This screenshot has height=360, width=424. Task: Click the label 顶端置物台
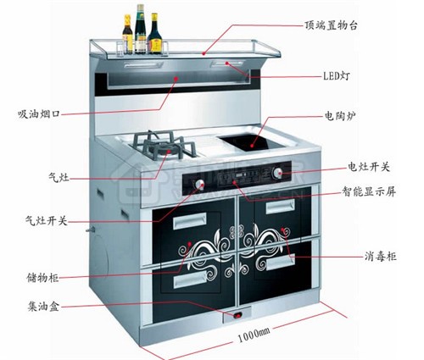331,25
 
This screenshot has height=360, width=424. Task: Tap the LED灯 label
337,76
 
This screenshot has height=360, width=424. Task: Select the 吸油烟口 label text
39,114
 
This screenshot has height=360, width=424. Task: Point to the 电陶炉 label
340,116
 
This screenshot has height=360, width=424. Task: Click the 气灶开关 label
47,220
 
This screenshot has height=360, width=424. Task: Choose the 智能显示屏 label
369,191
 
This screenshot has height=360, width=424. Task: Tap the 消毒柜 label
380,257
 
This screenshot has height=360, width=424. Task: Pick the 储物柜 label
42,277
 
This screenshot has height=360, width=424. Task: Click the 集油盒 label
43,306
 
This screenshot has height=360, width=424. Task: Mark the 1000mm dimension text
254,335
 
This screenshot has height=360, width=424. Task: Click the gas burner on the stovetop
164,147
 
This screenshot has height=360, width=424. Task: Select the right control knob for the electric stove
277,173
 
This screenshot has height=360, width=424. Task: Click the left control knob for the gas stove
199,185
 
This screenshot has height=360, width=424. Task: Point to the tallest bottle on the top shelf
140,29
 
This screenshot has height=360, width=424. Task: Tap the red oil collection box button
237,315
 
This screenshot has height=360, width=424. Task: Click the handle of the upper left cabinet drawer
189,220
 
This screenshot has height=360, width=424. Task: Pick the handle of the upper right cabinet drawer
281,206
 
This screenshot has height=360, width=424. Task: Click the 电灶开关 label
369,167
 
